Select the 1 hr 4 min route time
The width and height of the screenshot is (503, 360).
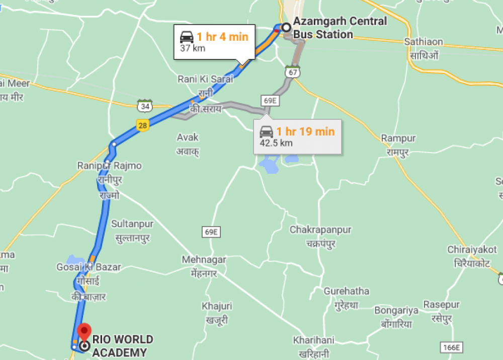point(222,37)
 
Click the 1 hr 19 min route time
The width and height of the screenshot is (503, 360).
point(305,131)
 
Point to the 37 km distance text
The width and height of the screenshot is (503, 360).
point(193,49)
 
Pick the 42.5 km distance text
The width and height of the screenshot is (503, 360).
point(276,143)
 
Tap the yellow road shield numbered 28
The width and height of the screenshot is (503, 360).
point(143,126)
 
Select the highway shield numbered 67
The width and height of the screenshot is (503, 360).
point(291,72)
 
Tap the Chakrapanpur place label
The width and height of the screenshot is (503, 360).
point(320,230)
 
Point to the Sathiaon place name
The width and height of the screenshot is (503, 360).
point(424,42)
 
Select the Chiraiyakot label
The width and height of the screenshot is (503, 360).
point(472,250)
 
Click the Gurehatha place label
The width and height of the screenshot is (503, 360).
point(346,291)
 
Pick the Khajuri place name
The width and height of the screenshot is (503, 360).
point(217,306)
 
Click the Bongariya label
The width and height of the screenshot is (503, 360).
point(396,311)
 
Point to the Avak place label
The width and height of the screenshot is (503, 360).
point(188,137)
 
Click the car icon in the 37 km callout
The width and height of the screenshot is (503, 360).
point(187,37)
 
